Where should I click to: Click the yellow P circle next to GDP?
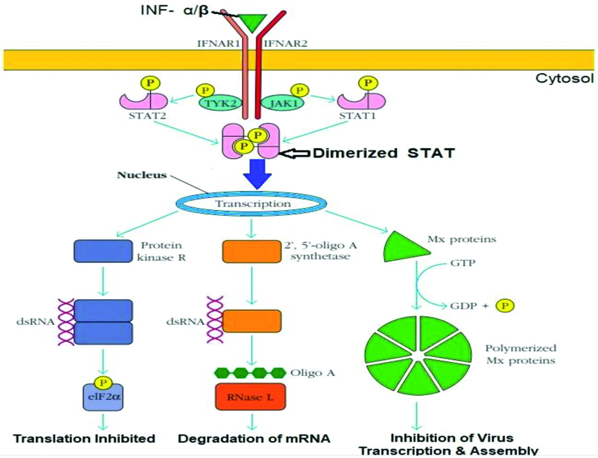coord(505,305)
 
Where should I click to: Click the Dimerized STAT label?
coord(383,153)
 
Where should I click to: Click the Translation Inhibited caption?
coord(85,438)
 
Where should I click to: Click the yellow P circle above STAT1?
coord(367,82)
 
